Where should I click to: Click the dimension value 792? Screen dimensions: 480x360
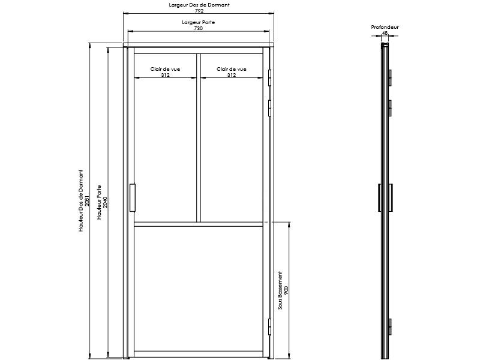coord(199,11)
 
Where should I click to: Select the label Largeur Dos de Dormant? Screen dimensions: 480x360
coord(199,5)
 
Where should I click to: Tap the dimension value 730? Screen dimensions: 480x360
coord(199,28)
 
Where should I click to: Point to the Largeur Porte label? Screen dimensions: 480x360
coord(199,22)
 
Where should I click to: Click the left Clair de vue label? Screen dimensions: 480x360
coord(165,69)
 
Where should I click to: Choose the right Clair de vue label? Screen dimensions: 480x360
coord(232,69)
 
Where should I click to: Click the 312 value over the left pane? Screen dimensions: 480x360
coord(166,75)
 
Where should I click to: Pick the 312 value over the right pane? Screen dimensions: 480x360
coord(232,75)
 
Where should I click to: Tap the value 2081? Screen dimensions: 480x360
coord(87,200)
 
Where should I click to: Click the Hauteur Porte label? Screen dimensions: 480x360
coord(99,202)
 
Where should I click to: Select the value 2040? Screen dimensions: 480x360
coord(105,202)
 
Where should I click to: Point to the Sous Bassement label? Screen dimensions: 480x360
coord(280,290)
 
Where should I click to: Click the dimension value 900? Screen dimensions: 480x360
coord(286,290)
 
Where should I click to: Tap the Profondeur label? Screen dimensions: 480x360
coord(385,27)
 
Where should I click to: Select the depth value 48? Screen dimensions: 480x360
coord(385,33)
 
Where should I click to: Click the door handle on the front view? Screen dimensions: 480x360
coord(133,198)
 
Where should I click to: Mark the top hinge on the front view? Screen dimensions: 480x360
coord(269,78)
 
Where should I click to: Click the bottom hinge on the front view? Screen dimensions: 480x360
coord(269,327)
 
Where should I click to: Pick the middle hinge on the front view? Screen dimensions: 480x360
coord(269,109)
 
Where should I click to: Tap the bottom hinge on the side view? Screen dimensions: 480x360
coord(391,327)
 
